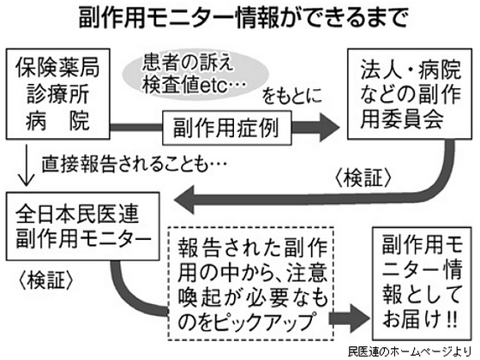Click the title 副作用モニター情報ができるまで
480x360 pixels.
(239, 17)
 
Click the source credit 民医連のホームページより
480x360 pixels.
(411, 351)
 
